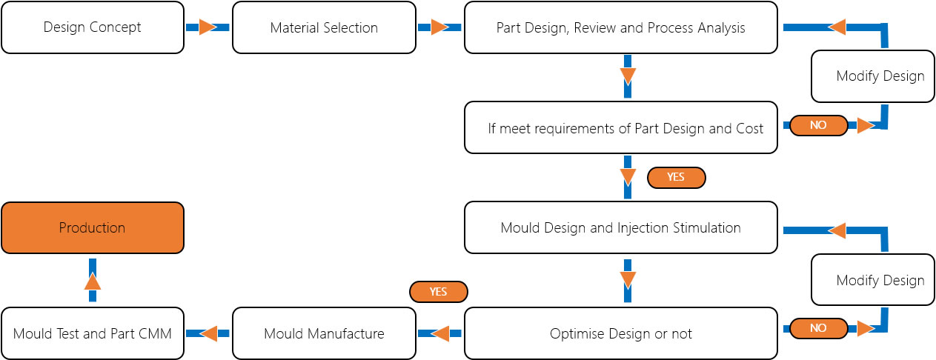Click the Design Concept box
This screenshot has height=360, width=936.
93,27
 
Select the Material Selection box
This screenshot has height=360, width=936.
325,27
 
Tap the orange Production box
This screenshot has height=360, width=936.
93,227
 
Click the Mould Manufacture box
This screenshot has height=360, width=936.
325,333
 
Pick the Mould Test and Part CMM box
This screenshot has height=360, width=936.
93,333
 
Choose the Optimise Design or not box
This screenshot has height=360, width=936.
621,333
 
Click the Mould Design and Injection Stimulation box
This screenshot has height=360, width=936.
621,227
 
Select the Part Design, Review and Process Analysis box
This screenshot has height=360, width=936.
621,27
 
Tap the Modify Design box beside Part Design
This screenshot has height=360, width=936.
873,76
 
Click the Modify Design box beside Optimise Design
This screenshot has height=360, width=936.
873,280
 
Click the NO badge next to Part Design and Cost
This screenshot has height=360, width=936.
819,125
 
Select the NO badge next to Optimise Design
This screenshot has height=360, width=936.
819,328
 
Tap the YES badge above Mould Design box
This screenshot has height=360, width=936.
677,178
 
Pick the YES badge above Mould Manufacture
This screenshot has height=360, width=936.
438,292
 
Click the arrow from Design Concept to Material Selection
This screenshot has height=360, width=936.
208,27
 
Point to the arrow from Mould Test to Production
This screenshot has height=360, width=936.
93,280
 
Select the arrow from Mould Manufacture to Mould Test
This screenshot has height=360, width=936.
208,333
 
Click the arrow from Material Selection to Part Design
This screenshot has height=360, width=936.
439,27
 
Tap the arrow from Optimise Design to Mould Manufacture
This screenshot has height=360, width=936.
439,333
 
